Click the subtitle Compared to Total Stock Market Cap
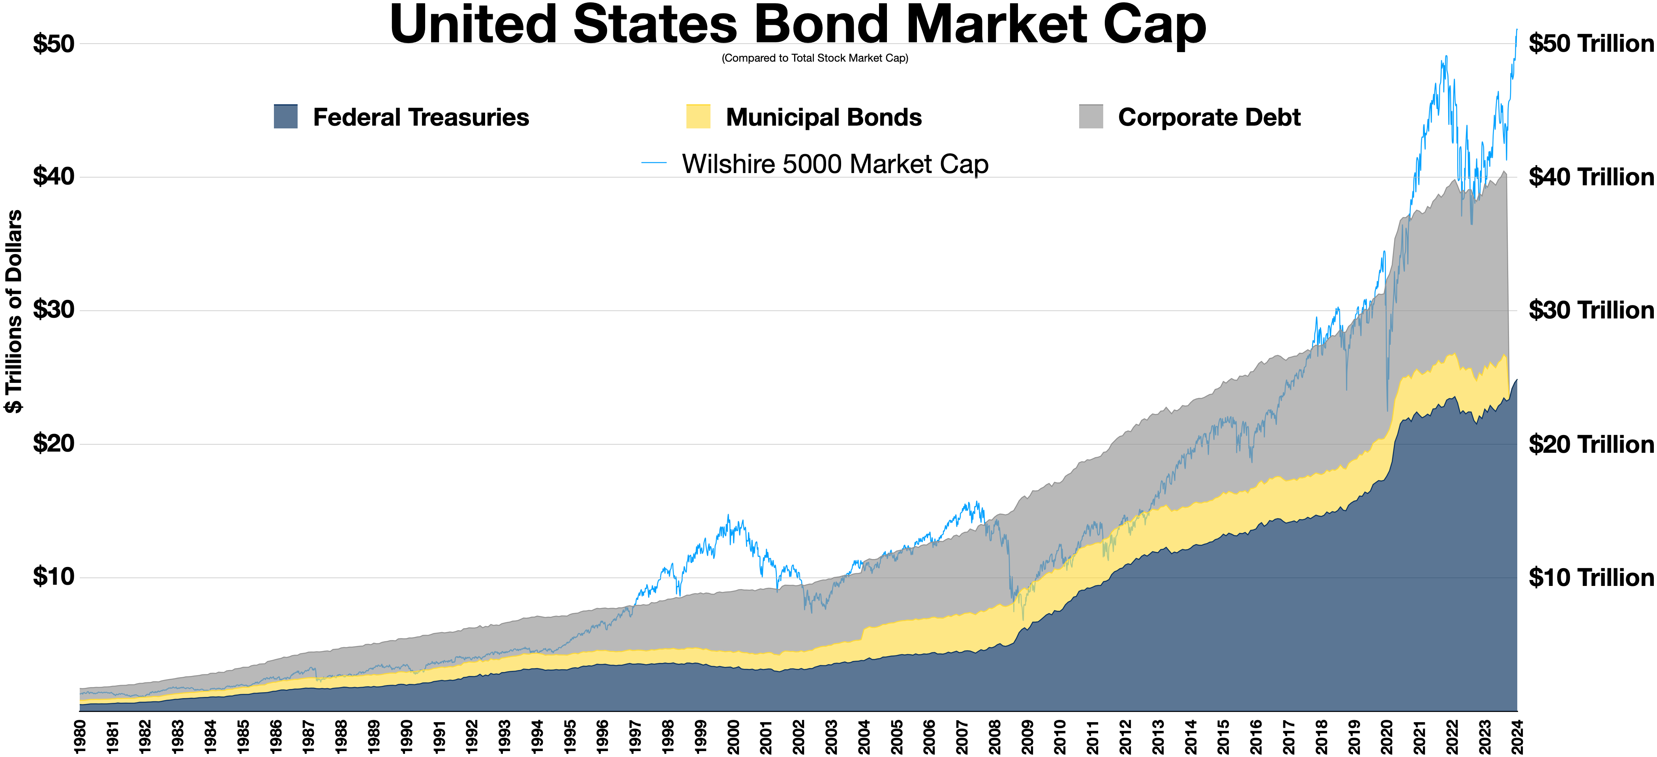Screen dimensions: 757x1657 (814, 58)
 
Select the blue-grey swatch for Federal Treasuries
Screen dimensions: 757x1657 (286, 117)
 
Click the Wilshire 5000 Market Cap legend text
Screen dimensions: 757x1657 (835, 164)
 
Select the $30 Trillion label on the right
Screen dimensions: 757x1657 (1590, 310)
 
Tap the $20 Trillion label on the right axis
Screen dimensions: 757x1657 (1590, 444)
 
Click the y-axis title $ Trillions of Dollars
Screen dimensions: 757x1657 (14, 312)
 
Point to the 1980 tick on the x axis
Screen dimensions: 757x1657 (80, 735)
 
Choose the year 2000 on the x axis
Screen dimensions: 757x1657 (733, 735)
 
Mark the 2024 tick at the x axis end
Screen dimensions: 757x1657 (1517, 735)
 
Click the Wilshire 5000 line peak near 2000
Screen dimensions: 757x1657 (728, 515)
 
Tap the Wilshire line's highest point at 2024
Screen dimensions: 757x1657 (1517, 29)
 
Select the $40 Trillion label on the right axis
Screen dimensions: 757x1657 (1590, 177)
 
